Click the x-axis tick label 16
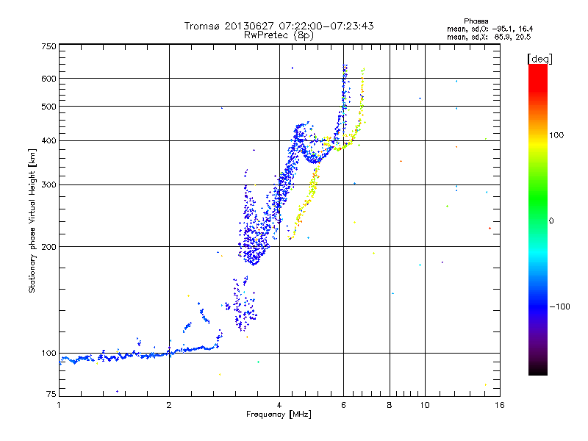498,405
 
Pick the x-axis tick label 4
279,405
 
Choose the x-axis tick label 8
390,405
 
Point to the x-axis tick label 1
59,405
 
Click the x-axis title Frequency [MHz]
279,415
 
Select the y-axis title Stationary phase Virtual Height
32,220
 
